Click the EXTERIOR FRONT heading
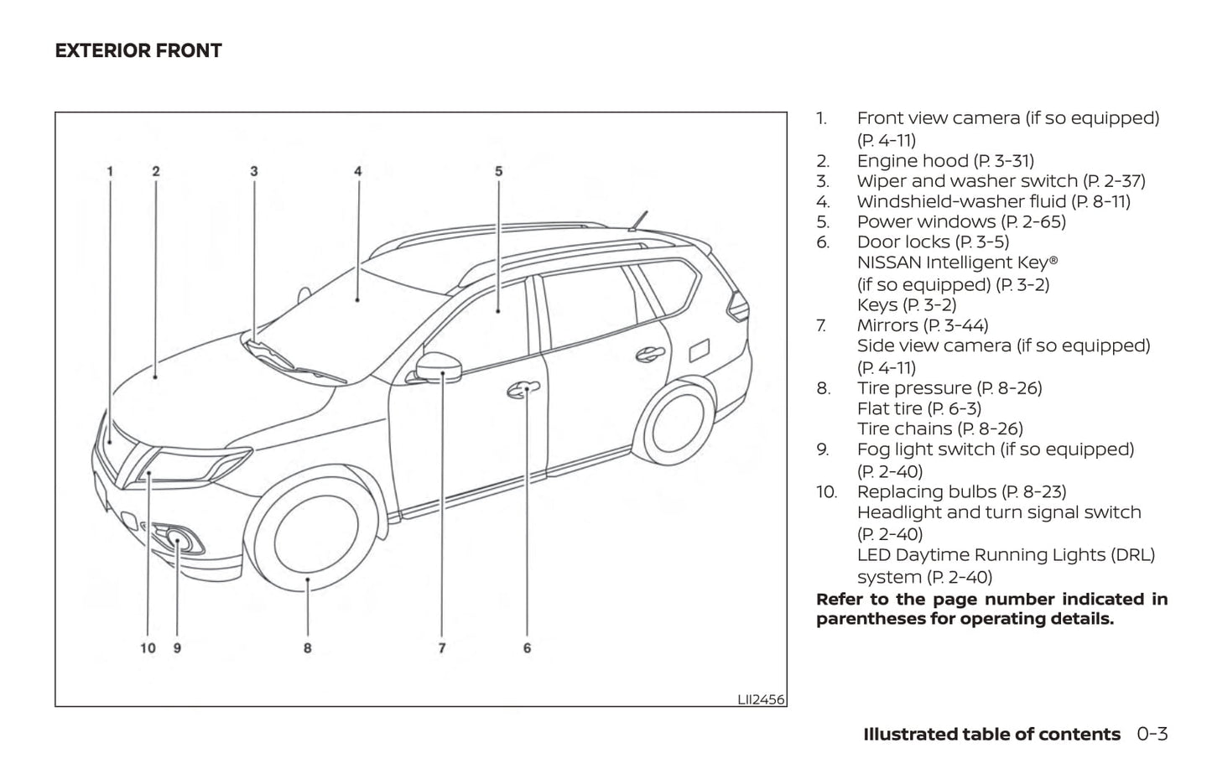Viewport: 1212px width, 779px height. point(138,50)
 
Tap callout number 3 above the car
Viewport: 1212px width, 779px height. point(253,171)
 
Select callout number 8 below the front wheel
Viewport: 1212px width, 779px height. point(308,647)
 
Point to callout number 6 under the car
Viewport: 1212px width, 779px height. point(527,647)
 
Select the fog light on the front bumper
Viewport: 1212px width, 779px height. point(178,538)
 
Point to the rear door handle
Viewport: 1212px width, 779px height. point(649,354)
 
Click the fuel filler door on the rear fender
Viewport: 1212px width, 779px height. point(700,349)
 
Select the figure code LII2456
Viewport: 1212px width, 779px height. point(761,699)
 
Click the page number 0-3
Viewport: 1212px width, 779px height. point(1152,735)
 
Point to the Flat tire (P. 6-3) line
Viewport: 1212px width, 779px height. point(918,408)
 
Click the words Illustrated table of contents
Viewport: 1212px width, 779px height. point(991,735)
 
